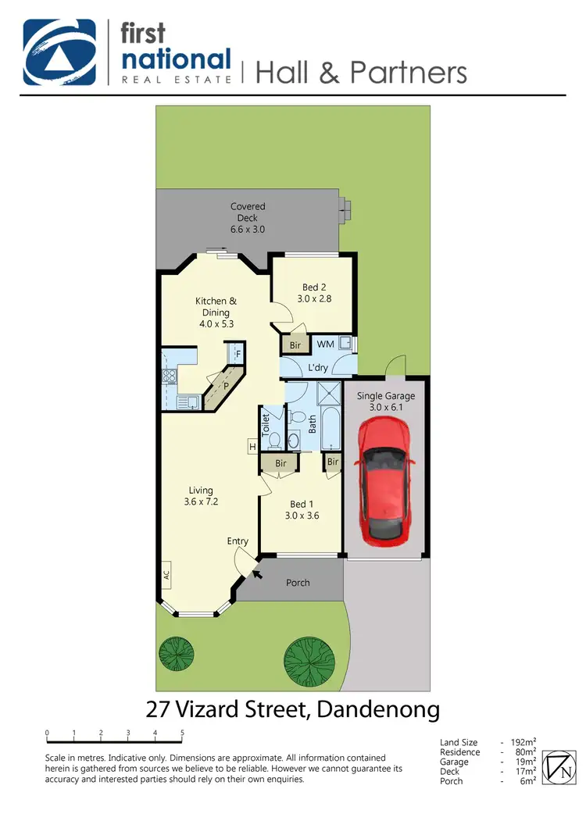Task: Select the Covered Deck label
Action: (x=248, y=218)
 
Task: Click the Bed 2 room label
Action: (x=314, y=293)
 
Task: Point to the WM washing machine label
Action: (x=324, y=344)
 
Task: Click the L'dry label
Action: (x=318, y=367)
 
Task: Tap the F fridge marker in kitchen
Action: (x=238, y=354)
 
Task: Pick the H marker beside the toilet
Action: (x=252, y=447)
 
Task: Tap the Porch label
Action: (x=298, y=583)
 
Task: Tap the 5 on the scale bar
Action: (x=182, y=733)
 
